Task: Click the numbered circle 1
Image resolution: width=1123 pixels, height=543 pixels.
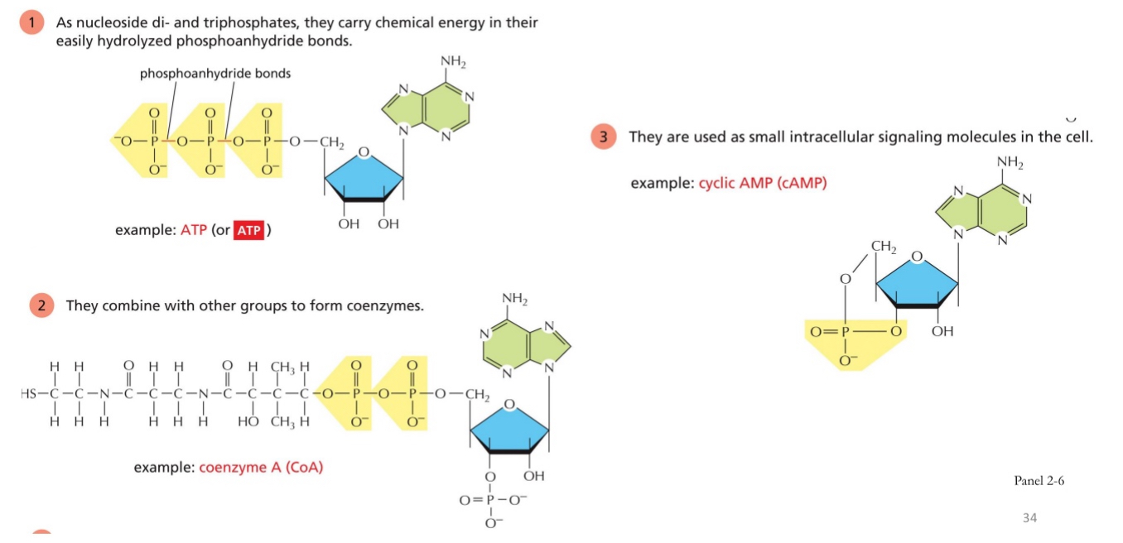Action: [x=32, y=23]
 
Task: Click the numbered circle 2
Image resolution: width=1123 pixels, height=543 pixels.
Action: [x=42, y=305]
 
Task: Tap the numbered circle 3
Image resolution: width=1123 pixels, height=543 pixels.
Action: [x=605, y=137]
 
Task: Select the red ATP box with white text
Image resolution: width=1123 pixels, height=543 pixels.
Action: [x=248, y=230]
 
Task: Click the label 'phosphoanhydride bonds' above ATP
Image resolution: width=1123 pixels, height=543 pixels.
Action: [x=215, y=74]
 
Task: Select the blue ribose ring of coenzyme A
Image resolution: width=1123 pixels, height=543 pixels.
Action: [x=508, y=428]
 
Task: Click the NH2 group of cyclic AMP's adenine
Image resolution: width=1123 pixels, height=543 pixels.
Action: [x=1010, y=162]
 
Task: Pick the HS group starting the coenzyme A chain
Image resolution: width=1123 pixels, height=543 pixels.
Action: [x=29, y=393]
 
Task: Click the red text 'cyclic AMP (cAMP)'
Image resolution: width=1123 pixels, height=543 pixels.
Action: [x=763, y=183]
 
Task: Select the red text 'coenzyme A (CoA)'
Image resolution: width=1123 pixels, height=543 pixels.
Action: [x=261, y=468]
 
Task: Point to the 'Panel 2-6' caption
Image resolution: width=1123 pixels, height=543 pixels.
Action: [x=1039, y=481]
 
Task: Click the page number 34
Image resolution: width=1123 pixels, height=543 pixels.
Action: [x=1029, y=518]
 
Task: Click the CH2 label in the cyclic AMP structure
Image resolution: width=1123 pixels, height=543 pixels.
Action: [x=884, y=246]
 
